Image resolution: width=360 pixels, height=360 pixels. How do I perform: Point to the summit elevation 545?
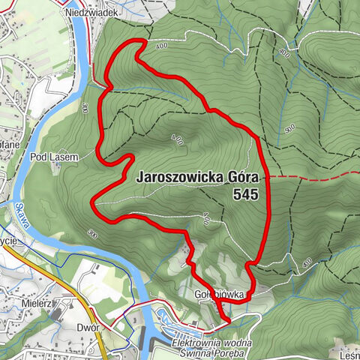[x=245, y=194]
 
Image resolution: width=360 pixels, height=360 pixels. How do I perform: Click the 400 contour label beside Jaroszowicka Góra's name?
[x=178, y=139]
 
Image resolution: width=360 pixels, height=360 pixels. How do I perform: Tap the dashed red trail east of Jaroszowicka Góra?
[x=315, y=175]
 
